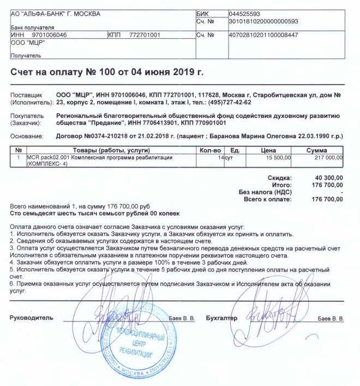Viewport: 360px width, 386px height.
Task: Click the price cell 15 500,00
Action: click(278, 158)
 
